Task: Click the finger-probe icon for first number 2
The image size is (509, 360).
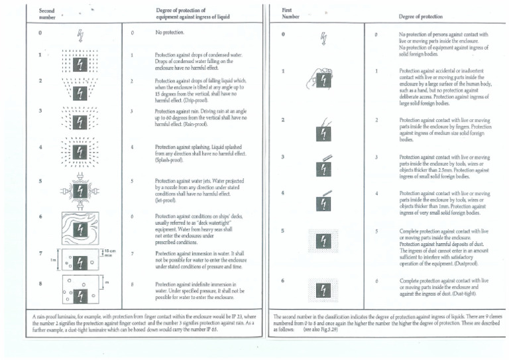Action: pyautogui.click(x=322, y=129)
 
